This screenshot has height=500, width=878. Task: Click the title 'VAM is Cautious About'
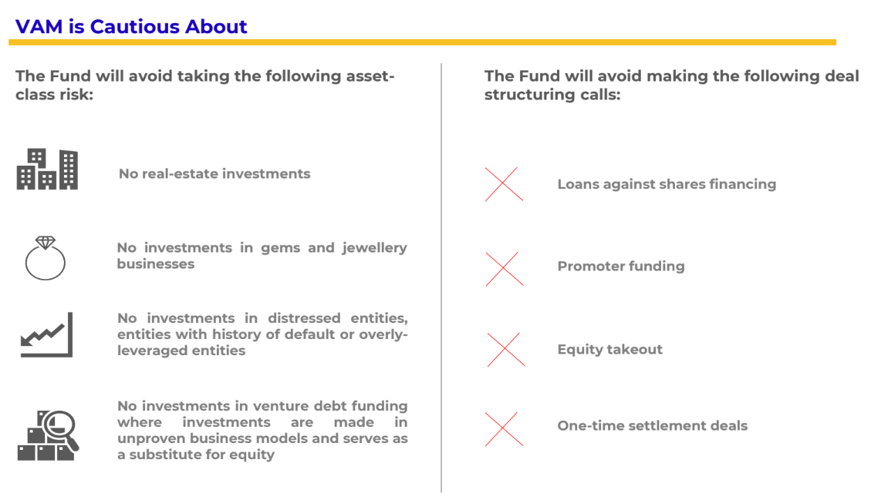(131, 26)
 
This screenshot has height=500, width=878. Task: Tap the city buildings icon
(47, 169)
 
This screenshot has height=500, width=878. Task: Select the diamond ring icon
(46, 258)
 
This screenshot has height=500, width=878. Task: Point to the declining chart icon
(46, 334)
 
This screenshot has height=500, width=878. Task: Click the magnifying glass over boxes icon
(48, 436)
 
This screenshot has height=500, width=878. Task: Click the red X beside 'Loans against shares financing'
(504, 184)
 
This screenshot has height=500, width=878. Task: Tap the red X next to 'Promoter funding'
(505, 269)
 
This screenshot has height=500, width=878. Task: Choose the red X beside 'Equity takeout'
(506, 350)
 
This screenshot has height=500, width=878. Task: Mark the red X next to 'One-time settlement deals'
(504, 429)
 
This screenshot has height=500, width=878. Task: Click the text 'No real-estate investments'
(214, 174)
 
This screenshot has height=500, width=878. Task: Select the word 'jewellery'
(375, 248)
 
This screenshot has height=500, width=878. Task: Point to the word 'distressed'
(304, 318)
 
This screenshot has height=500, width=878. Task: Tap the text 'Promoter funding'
(621, 267)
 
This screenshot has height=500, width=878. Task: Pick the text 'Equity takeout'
(610, 350)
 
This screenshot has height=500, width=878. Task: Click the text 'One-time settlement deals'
(653, 425)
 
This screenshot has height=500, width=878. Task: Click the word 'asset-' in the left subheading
(369, 76)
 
